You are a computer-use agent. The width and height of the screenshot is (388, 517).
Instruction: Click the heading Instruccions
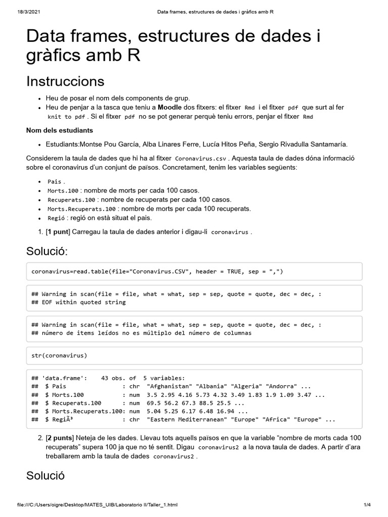pyautogui.click(x=65, y=81)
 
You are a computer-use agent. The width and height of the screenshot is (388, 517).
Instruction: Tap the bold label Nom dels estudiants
pyautogui.click(x=60, y=130)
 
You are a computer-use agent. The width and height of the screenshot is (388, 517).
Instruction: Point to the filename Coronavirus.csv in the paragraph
pyautogui.click(x=201, y=159)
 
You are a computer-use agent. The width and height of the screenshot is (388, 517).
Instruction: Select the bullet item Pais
pyautogui.click(x=55, y=182)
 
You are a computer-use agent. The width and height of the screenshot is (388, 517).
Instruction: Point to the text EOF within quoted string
pyautogui.click(x=83, y=302)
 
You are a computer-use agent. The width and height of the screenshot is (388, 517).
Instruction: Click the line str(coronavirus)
pyautogui.click(x=59, y=355)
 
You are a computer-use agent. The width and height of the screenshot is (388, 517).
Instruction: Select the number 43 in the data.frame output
pyautogui.click(x=105, y=378)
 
